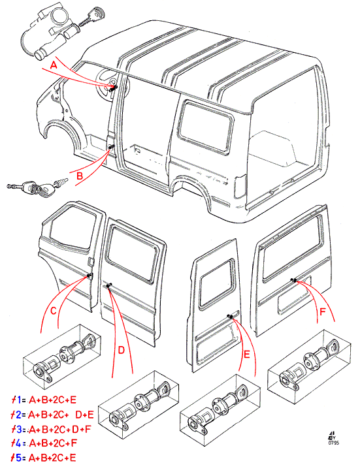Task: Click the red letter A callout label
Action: [x=54, y=65]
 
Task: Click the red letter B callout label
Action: [x=80, y=176]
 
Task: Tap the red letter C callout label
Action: [x=54, y=311]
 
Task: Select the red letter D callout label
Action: [x=122, y=351]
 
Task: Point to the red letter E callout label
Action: [x=247, y=355]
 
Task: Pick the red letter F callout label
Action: [x=323, y=311]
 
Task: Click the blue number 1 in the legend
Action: [x=18, y=400]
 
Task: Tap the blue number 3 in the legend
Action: [x=18, y=429]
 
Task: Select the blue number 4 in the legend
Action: [x=18, y=443]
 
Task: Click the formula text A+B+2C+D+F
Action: [x=60, y=429]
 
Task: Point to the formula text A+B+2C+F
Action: [x=53, y=443]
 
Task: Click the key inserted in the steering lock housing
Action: [x=91, y=17]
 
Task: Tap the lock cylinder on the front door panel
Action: [x=90, y=276]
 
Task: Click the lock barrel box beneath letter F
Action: [x=309, y=367]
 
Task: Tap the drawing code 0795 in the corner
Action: [x=334, y=443]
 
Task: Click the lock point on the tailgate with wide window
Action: [x=294, y=280]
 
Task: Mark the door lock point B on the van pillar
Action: [x=110, y=147]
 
